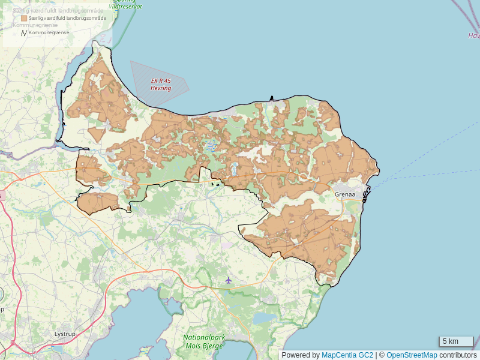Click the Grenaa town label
pyautogui.click(x=345, y=194)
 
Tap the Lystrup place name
pyautogui.click(x=64, y=334)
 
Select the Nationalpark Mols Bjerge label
pyautogui.click(x=204, y=341)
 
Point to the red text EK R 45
pyautogui.click(x=161, y=81)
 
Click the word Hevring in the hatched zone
pyautogui.click(x=161, y=88)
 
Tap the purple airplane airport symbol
pyautogui.click(x=228, y=280)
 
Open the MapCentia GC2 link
pyautogui.click(x=347, y=355)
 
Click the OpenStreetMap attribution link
pyautogui.click(x=412, y=355)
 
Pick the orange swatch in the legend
pyautogui.click(x=24, y=19)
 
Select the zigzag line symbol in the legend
pyautogui.click(x=24, y=32)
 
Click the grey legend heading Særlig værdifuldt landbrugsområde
pyautogui.click(x=58, y=11)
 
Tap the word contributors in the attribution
pyautogui.click(x=458, y=355)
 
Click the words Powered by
pyautogui.click(x=301, y=355)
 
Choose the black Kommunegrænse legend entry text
pyautogui.click(x=49, y=32)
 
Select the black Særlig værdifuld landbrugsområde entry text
pyautogui.click(x=67, y=19)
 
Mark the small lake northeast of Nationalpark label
pyautogui.click(x=264, y=317)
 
